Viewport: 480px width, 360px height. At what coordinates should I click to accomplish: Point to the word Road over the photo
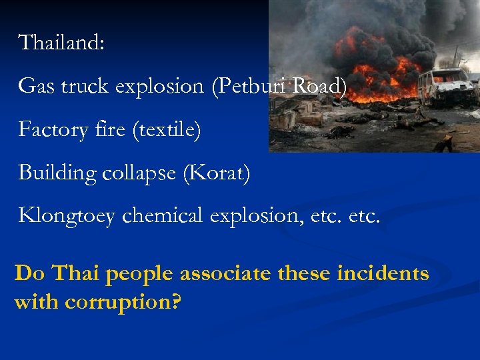pyautogui.click(x=321, y=86)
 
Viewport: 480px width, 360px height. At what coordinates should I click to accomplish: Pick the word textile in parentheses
pyautogui.click(x=167, y=129)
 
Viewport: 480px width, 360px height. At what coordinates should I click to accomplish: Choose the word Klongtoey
pyautogui.click(x=67, y=216)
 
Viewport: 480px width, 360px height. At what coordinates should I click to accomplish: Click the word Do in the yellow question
pyautogui.click(x=29, y=273)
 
